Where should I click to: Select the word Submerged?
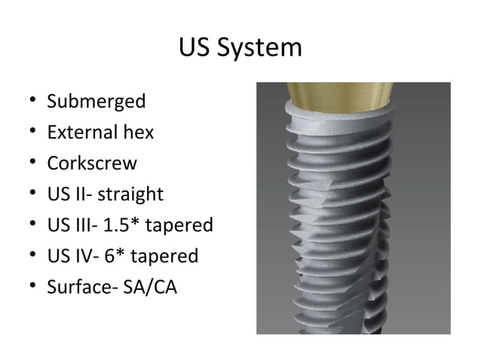click(x=96, y=101)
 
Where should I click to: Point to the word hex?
click(x=139, y=133)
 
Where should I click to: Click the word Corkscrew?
click(x=92, y=163)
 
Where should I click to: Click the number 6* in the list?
click(x=117, y=256)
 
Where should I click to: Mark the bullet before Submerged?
click(x=30, y=102)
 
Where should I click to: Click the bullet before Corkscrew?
click(x=30, y=164)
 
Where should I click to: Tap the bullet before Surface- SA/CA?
click(x=30, y=288)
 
